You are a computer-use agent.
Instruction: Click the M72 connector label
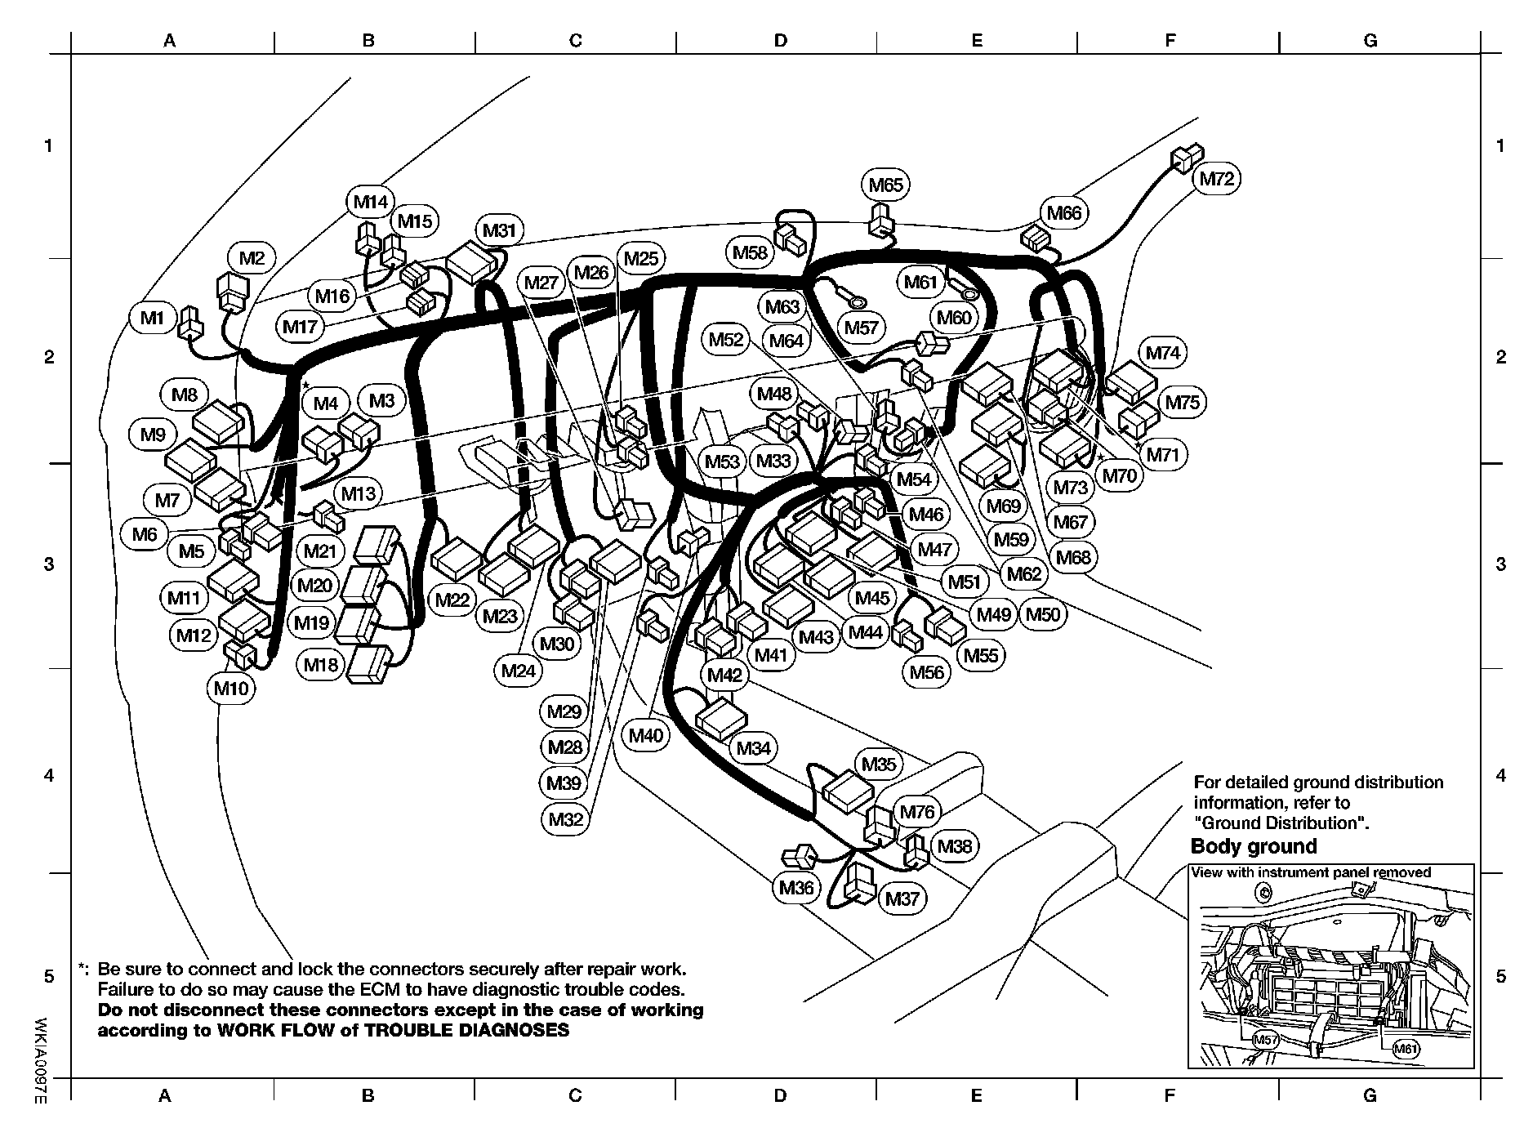coord(1217,178)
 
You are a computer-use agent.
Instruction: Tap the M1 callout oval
coord(152,318)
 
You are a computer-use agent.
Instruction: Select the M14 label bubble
coord(371,202)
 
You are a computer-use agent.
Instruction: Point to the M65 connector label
coord(885,185)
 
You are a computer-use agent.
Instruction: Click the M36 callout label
coord(796,887)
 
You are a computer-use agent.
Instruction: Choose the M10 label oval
coord(231,689)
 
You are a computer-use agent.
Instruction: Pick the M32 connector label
coord(565,818)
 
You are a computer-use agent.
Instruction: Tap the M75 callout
coord(1182,402)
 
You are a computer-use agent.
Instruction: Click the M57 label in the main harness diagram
coord(861,328)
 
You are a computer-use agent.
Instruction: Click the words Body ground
coord(1254,846)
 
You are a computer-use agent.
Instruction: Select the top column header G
coord(1370,41)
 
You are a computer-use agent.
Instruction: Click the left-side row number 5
coord(48,977)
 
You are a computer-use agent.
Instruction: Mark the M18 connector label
coord(321,665)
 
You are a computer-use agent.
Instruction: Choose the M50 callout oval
coord(1042,614)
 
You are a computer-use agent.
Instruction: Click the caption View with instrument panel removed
coord(1311,872)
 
